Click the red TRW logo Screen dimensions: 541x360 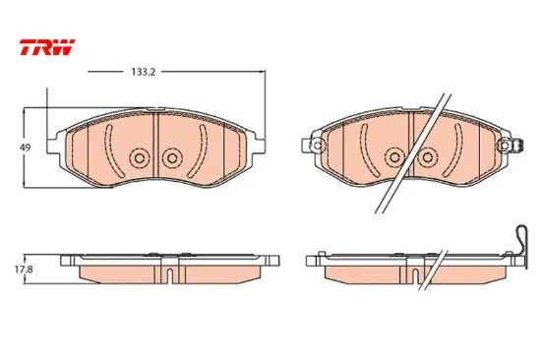tap(47, 47)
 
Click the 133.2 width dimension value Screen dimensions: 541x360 tap(144, 72)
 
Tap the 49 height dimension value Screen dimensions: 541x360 tap(26, 148)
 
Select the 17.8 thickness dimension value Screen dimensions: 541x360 tap(24, 270)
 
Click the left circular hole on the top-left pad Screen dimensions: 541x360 tap(139, 158)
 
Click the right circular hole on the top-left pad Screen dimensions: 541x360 tap(172, 158)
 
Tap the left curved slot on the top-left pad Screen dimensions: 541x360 tap(112, 150)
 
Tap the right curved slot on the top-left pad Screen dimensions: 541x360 tap(200, 150)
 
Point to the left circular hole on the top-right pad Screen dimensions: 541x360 tap(394, 157)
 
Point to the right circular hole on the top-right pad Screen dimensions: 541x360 tap(428, 157)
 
